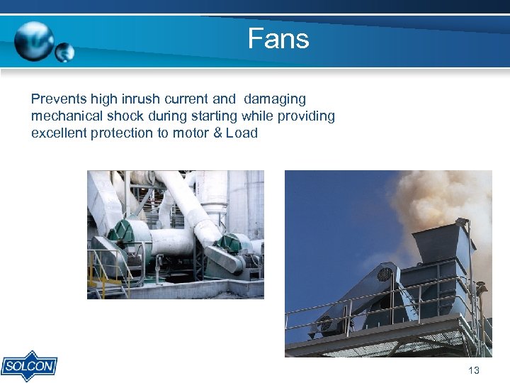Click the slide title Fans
click(278, 38)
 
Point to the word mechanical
click(66, 116)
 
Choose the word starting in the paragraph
click(212, 116)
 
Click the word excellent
click(59, 133)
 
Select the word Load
click(242, 133)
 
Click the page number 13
click(474, 370)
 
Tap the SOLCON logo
click(29, 367)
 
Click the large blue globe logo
click(34, 40)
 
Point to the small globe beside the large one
click(64, 52)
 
